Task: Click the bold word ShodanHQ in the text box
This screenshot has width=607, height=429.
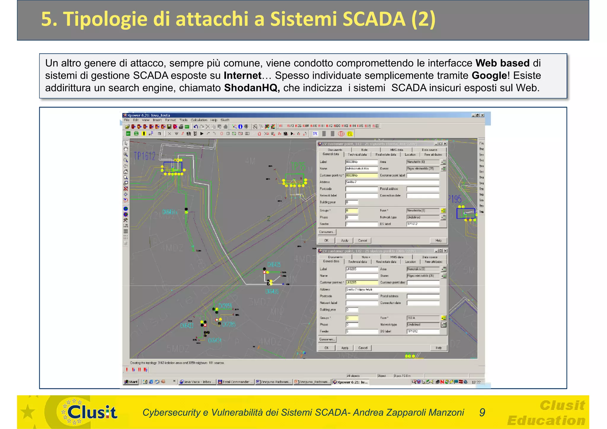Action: [x=251, y=88]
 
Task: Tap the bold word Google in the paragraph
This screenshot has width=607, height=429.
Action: [x=489, y=76]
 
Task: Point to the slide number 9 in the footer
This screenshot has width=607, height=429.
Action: [x=482, y=412]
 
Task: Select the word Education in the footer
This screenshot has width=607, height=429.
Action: [x=546, y=420]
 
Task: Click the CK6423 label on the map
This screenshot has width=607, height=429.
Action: [x=187, y=326]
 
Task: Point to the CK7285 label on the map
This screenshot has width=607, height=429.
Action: [x=229, y=324]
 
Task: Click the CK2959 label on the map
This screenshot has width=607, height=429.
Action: [x=225, y=306]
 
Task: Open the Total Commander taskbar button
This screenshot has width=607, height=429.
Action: [x=236, y=382]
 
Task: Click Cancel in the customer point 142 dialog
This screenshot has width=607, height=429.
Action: [x=363, y=348]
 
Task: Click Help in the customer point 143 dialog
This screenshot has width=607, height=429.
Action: [x=438, y=241]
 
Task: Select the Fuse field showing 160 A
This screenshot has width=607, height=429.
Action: [x=423, y=318]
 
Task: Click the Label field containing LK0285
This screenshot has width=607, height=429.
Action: [x=362, y=269]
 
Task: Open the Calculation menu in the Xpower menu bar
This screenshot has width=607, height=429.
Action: [x=199, y=120]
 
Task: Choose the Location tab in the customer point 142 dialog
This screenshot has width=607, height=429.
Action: [x=410, y=262]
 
